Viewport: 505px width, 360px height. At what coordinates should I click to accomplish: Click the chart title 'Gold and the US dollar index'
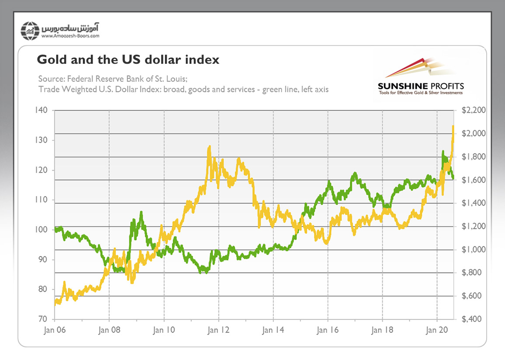(x=128, y=60)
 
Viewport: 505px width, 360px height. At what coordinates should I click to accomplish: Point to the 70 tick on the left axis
(x=42, y=319)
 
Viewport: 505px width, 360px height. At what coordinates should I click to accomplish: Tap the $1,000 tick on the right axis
(x=471, y=250)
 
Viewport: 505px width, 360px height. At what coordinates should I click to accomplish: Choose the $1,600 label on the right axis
(x=471, y=180)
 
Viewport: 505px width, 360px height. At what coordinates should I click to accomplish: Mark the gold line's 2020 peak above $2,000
(x=453, y=126)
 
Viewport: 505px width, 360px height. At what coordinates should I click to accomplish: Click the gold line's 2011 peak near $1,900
(x=209, y=147)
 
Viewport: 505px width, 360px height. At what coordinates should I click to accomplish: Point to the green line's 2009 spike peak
(x=141, y=212)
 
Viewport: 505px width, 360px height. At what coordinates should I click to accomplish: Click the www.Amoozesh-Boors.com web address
(x=71, y=37)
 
